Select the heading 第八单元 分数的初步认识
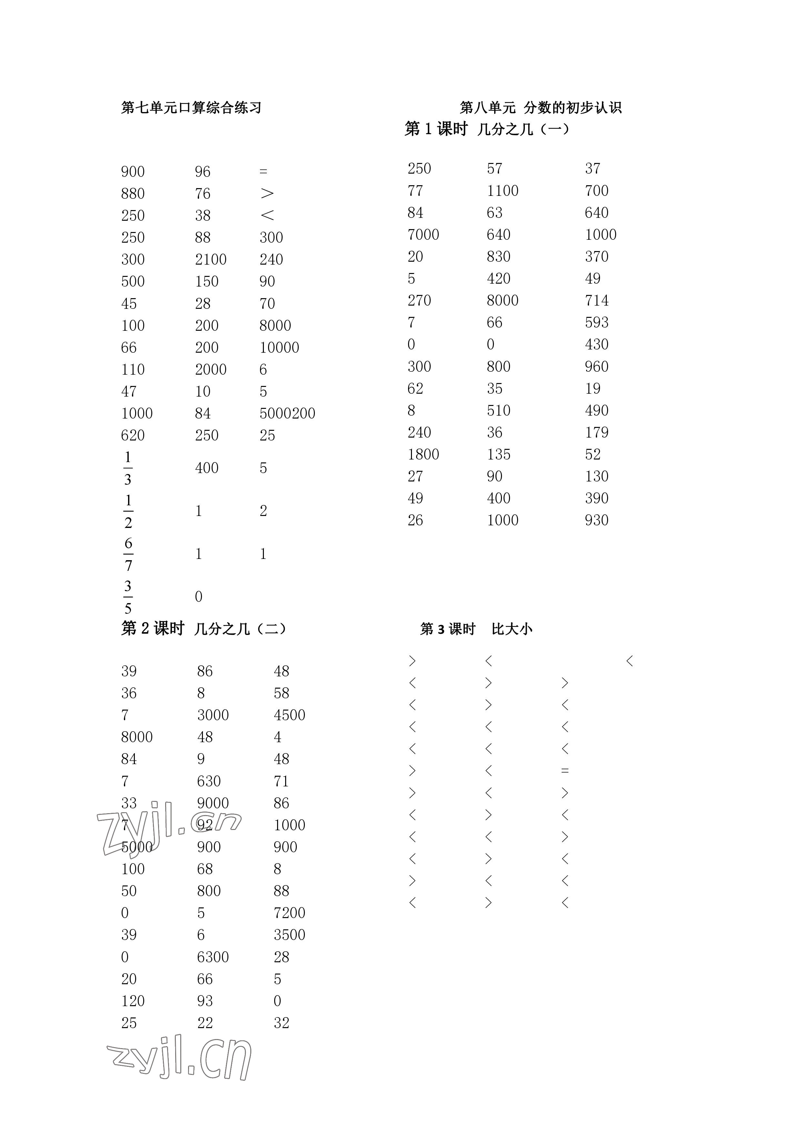[540, 107]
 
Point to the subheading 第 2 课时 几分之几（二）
[203, 629]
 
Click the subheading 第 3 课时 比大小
[476, 629]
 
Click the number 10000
[279, 348]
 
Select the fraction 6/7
[128, 554]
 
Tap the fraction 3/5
[128, 597]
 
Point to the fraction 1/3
[128, 468]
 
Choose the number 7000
[423, 235]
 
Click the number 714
[596, 301]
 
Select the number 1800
[423, 455]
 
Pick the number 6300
[213, 957]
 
